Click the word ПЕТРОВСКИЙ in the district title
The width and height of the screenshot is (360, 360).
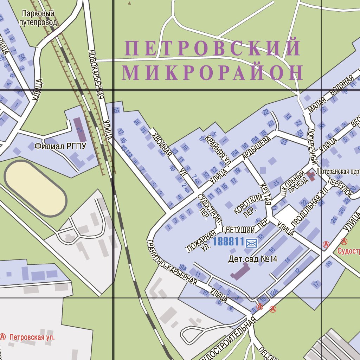pyautogui.click(x=213, y=48)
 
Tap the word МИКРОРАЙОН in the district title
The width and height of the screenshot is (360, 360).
pyautogui.click(x=212, y=73)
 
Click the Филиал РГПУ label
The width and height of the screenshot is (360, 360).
pyautogui.click(x=60, y=146)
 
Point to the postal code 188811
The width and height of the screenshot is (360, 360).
pyautogui.click(x=229, y=242)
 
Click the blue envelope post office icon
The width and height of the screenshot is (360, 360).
pyautogui.click(x=252, y=243)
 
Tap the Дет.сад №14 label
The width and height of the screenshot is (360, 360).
pyautogui.click(x=253, y=259)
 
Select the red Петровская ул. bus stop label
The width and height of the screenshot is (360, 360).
pyautogui.click(x=32, y=337)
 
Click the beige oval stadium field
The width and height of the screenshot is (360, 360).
pyautogui.click(x=36, y=188)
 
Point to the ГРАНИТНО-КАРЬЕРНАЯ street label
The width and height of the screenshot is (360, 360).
pyautogui.click(x=172, y=261)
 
